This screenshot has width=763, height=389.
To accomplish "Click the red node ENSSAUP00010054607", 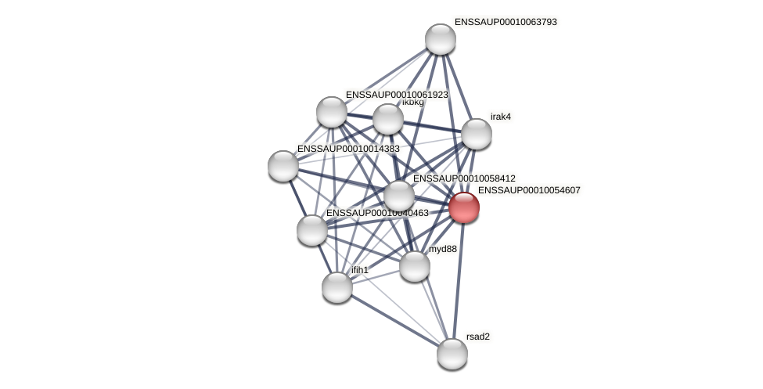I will pos(464,208).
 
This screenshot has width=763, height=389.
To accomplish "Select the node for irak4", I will pos(476,134).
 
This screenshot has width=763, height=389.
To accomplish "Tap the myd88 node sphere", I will pos(415,266).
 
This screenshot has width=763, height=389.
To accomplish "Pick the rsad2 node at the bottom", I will pos(452,354).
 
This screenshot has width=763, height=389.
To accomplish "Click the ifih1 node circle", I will pos(337,287).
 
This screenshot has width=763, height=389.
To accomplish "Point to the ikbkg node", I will pos(388,119).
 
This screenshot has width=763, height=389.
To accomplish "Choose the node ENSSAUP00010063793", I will pos(441,39).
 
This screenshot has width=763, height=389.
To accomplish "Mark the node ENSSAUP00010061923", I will pos(332,112).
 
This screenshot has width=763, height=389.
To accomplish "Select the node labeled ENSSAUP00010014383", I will pos(283,166).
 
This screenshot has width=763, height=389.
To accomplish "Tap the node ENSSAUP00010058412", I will pos(399,196).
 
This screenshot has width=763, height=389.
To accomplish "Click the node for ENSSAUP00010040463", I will pos(312,230).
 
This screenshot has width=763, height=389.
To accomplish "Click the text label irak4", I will pos(501,117).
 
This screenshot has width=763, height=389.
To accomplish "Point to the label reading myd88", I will pos(443,249).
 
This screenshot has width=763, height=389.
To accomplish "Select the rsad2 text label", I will pos(477,337).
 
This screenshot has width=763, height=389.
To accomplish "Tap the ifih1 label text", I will pos(359,270).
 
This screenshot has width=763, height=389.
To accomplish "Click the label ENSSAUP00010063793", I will pos(506,22).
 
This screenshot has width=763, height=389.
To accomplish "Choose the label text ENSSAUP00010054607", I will pos(529,190).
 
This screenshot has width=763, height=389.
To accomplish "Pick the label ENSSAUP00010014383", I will pos(348,149).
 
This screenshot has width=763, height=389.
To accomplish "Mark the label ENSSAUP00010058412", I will pos(464,178).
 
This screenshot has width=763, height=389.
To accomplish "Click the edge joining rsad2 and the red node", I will pos(459,282).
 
